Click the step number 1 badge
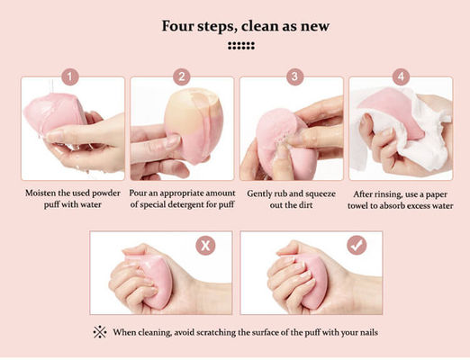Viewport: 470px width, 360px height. (x=70, y=77)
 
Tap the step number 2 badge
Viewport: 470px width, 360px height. (x=182, y=76)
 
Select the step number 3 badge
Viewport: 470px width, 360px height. (x=294, y=76)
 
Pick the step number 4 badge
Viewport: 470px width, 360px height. (x=401, y=76)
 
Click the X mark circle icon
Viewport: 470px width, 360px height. (x=205, y=246)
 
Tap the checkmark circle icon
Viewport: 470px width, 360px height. (x=357, y=246)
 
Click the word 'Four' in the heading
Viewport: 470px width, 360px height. (x=177, y=26)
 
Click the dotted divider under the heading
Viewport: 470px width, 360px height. (x=241, y=46)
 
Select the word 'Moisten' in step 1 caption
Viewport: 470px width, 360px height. (x=41, y=193)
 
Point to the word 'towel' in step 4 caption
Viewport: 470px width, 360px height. (x=357, y=206)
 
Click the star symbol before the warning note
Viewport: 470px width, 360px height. (x=100, y=332)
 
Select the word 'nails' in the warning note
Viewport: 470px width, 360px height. (x=369, y=332)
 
